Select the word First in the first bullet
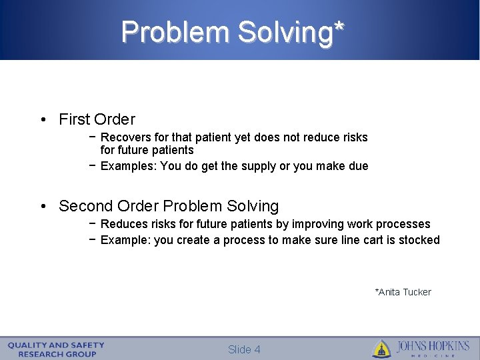(x=74, y=119)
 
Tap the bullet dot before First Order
(x=42, y=120)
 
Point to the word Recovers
(x=124, y=137)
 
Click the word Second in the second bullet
(x=84, y=206)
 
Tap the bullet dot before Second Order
(x=42, y=207)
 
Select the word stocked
(x=419, y=240)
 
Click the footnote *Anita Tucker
(x=403, y=292)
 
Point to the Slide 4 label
(x=243, y=349)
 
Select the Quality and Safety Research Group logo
(x=56, y=349)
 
